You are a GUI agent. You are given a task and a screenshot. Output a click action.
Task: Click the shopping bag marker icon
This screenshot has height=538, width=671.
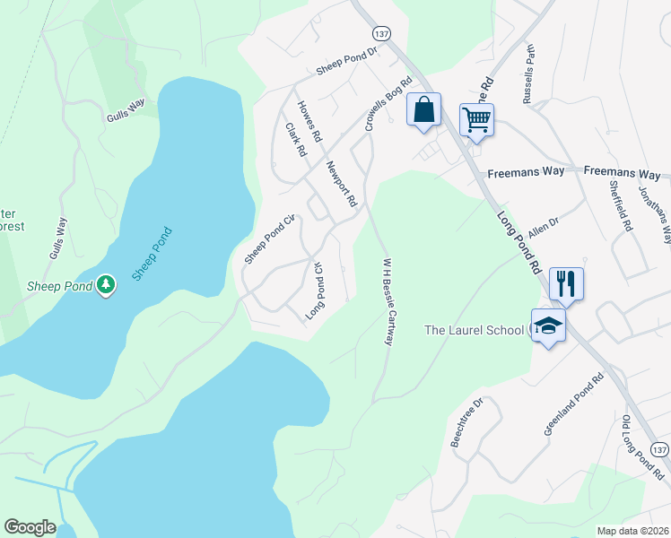tap(424, 111)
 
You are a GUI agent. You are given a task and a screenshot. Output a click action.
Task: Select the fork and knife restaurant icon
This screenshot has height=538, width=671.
tap(566, 283)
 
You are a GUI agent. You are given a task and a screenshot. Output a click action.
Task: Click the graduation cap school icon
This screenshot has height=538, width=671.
tap(548, 326)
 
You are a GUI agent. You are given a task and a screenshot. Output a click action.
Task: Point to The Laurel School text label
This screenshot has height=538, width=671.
tap(473, 330)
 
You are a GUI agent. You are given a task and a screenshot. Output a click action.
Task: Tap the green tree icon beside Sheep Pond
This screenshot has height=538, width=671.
tap(107, 285)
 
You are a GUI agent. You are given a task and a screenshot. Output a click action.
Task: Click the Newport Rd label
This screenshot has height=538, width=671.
tap(341, 183)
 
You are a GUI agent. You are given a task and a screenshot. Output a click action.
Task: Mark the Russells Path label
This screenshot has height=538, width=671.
tap(527, 71)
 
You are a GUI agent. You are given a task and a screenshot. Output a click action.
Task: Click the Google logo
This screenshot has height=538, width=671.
tap(30, 527)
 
